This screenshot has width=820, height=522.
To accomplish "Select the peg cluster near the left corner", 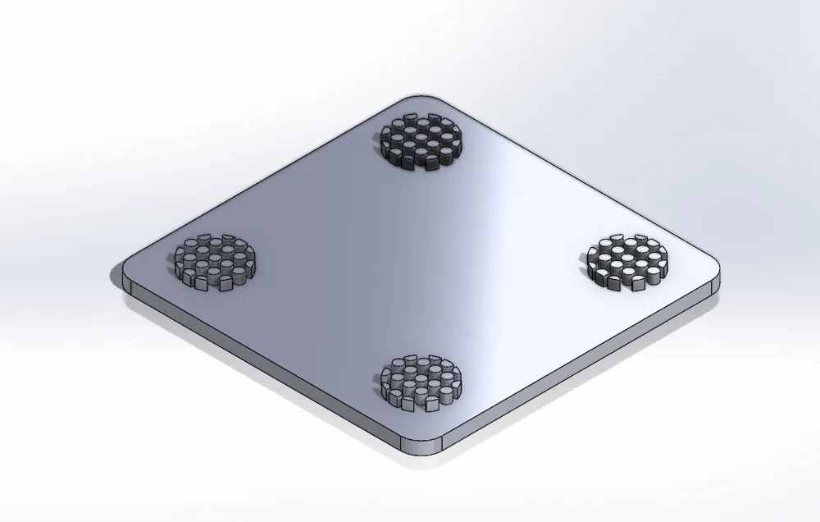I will [215, 261].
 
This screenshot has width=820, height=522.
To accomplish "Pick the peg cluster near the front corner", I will [421, 382].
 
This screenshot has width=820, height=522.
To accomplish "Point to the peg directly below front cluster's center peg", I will [421, 393].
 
